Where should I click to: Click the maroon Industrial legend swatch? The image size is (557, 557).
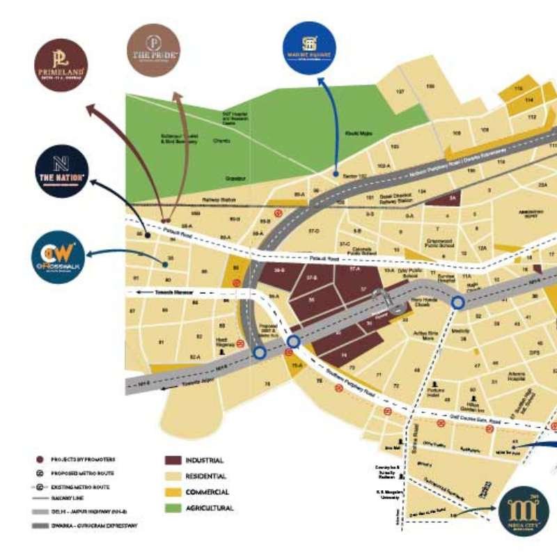click(x=173, y=461)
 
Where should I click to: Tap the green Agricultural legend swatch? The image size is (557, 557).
click(x=173, y=508)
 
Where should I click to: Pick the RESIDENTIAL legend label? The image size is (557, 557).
click(x=206, y=477)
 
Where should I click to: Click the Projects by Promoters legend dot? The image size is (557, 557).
click(x=39, y=460)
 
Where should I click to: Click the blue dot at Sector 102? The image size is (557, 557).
click(x=336, y=173)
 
